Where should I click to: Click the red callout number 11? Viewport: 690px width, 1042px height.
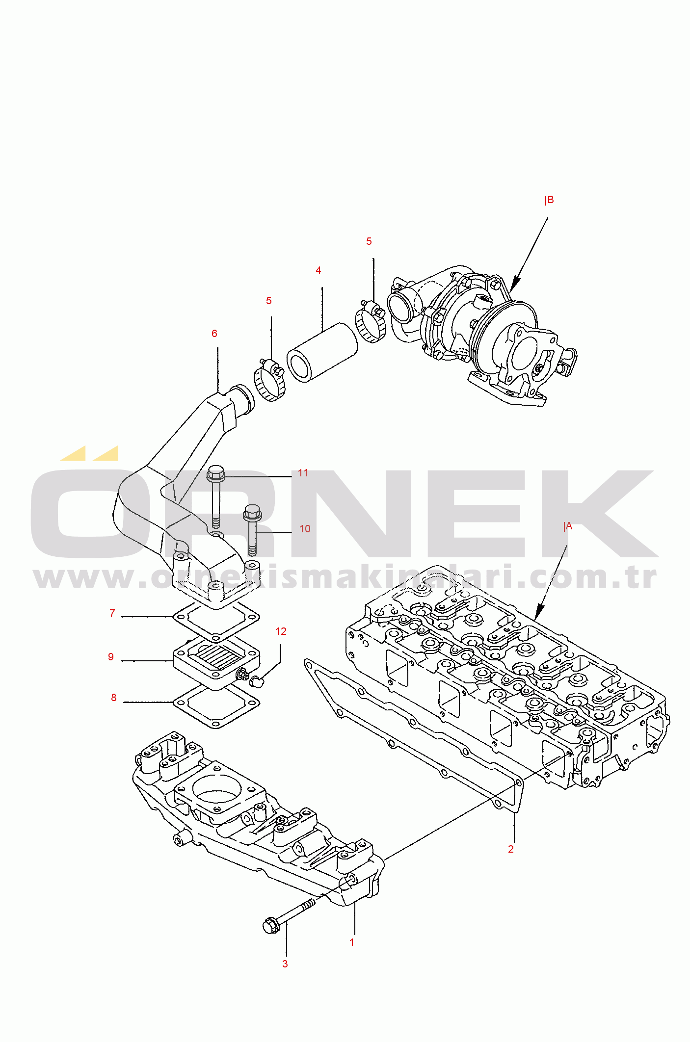point(303,473)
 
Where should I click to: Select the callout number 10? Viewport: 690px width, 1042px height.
point(305,529)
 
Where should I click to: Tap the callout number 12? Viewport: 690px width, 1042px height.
point(281,631)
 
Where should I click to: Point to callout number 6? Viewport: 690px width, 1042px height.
point(214,334)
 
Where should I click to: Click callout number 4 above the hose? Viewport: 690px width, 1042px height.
point(318,270)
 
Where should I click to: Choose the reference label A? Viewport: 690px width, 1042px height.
point(568,526)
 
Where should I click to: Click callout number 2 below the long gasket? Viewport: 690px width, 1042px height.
point(511,849)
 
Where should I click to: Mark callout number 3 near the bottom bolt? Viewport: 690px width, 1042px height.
point(285,964)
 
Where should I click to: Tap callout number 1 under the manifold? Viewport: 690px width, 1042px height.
point(352,942)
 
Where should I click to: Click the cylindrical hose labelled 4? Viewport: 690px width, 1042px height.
point(322,352)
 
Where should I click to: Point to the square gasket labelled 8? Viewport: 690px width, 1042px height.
point(216,707)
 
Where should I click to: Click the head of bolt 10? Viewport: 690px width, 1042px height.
point(252,513)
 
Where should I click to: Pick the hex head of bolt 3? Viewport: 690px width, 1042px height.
point(271,925)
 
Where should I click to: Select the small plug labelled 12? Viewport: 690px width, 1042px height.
point(257,680)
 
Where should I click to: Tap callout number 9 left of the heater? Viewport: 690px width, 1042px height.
point(111,657)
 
